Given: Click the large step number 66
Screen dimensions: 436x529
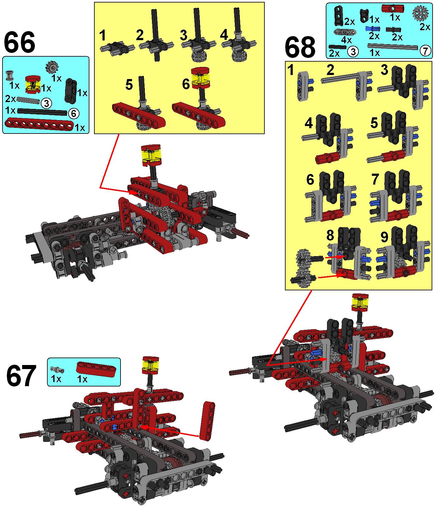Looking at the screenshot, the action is click(x=19, y=43).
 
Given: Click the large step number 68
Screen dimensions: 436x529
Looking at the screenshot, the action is click(x=300, y=48).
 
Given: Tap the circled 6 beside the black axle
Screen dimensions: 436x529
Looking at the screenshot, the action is click(x=73, y=114).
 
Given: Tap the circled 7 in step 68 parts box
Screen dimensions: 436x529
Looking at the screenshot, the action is click(x=425, y=50).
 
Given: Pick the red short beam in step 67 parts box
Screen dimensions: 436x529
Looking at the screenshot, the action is click(x=96, y=369).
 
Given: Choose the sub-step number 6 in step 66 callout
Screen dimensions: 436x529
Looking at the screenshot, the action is click(x=186, y=84).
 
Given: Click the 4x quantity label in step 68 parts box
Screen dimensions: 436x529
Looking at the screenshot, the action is click(x=346, y=40).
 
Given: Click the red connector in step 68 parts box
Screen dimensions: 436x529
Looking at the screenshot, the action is click(x=393, y=8).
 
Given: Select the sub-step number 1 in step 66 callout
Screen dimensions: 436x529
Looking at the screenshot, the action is click(x=102, y=36).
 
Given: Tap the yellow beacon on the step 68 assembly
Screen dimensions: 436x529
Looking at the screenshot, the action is click(x=360, y=302).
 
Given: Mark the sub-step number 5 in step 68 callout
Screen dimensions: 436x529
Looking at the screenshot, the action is click(x=374, y=124).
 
